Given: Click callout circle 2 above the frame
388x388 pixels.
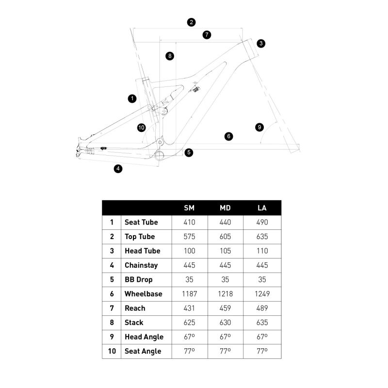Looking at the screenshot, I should click(x=192, y=22).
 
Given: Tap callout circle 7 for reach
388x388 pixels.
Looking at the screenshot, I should click(x=207, y=35).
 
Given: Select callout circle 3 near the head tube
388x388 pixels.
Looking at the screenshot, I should click(x=261, y=44).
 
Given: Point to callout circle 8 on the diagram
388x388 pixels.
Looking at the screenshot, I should click(x=169, y=56).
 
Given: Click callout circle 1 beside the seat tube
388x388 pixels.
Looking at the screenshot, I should click(x=132, y=98).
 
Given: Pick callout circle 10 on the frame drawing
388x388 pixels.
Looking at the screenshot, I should click(x=141, y=128).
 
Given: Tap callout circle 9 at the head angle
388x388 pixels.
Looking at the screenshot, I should click(x=259, y=127).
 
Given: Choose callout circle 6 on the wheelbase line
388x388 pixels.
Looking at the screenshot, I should click(x=229, y=136).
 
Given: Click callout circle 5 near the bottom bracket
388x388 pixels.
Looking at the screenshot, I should click(x=189, y=152).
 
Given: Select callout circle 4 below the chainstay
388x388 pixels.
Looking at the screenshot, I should click(x=118, y=169).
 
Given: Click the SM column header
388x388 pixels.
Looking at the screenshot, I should click(x=190, y=208).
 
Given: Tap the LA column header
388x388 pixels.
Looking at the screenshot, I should click(x=262, y=208).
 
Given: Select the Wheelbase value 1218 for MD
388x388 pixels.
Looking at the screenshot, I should click(x=226, y=294).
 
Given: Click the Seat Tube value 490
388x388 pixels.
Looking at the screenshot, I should click(x=262, y=222).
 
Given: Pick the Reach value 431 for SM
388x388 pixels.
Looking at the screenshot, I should click(x=190, y=308).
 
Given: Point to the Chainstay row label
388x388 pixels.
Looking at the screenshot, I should click(x=141, y=265).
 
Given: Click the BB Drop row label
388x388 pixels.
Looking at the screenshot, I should click(x=138, y=280).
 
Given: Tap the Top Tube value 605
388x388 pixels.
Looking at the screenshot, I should click(x=226, y=237).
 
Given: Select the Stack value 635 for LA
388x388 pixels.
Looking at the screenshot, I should click(x=262, y=323).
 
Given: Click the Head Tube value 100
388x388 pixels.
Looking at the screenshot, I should click(x=190, y=251).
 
